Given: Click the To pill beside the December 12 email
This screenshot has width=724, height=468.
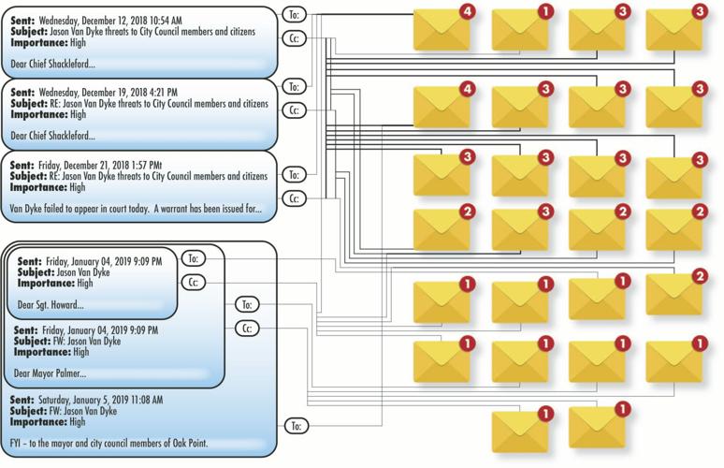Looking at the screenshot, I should [x=295, y=15].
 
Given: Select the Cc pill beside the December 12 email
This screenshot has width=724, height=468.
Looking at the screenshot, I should [x=295, y=39].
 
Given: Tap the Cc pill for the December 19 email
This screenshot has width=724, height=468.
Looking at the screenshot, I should [x=295, y=110].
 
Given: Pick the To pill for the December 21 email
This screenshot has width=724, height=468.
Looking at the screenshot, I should [x=295, y=174].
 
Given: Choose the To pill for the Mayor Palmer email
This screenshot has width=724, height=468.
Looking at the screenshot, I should [x=247, y=304].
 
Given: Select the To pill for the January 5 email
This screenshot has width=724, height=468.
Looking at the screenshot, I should [x=295, y=426].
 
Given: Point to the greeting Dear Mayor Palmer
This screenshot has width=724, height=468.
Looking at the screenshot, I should [x=48, y=372].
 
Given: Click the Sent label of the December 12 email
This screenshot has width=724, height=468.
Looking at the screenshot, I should [x=22, y=20].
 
